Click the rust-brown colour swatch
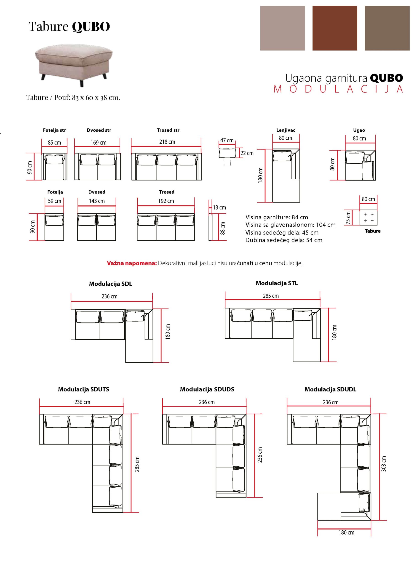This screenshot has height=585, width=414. click(334, 28)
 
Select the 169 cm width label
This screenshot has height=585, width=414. click(98, 143)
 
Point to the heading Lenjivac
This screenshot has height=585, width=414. click(286, 130)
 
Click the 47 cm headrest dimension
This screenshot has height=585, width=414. click(227, 140)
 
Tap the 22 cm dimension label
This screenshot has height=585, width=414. click(247, 153)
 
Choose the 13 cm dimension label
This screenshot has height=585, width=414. click(219, 207)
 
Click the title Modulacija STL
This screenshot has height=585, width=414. click(277, 283)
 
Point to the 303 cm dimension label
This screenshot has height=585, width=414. click(384, 463)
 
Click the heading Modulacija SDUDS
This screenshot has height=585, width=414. click(207, 389)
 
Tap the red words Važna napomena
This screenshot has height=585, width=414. click(131, 263)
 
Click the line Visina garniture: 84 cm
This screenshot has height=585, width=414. click(277, 217)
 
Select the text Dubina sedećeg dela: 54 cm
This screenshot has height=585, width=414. click(284, 240)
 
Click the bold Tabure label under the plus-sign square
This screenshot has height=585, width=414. click(372, 231)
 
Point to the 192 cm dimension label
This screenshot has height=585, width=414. click(166, 201)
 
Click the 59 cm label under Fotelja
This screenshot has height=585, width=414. click(55, 201)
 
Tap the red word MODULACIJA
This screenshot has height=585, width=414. click(338, 89)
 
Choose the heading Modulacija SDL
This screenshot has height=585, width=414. click(111, 284)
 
